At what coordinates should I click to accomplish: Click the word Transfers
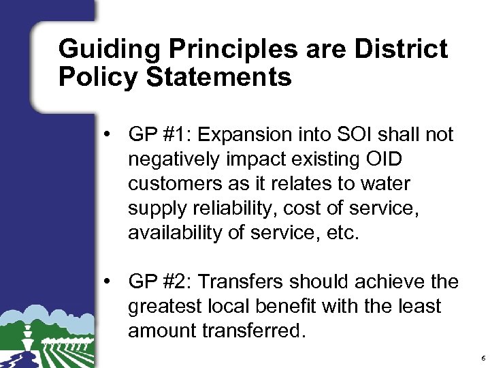click(x=240, y=281)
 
